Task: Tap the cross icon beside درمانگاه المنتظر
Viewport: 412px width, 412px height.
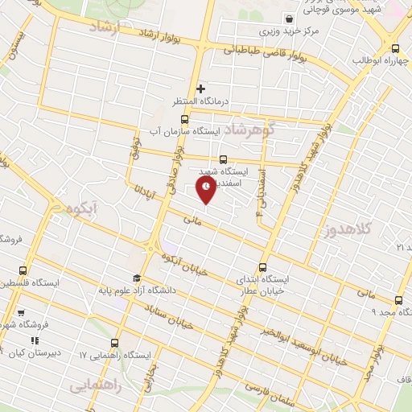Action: pos(201,89)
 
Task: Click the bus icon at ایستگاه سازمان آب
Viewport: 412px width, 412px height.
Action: pos(184,119)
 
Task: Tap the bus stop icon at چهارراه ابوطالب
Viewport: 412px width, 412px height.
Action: pos(394,47)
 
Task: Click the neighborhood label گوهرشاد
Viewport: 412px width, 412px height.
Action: pos(249,130)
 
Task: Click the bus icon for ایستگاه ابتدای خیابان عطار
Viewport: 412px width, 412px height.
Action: pos(262,268)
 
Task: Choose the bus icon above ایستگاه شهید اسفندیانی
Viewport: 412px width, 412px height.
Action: pos(223,159)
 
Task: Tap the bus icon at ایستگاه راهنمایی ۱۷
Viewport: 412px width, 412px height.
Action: pos(115,343)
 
